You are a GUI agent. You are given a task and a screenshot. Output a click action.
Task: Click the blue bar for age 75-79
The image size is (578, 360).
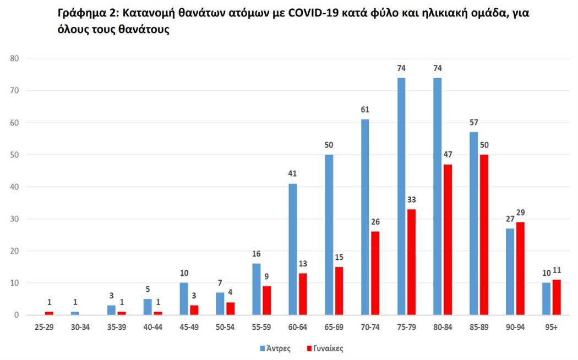click(x=401, y=197)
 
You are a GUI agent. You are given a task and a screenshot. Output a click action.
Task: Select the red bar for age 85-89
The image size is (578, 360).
click(x=484, y=235)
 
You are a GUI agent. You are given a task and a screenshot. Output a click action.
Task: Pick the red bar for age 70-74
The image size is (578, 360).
click(x=375, y=274)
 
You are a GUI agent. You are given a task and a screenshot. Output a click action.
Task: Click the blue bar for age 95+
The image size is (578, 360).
click(x=546, y=299)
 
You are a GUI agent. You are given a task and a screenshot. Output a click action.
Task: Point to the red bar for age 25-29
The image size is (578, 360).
click(x=50, y=313)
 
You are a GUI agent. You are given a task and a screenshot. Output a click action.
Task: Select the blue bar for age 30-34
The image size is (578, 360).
click(x=75, y=313)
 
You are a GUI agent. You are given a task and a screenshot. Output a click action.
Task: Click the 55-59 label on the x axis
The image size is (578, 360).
click(x=261, y=328)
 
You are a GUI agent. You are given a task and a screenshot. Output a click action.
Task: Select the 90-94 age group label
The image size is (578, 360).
click(x=515, y=328)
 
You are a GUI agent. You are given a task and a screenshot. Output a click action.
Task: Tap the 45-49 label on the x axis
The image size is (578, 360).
click(x=189, y=328)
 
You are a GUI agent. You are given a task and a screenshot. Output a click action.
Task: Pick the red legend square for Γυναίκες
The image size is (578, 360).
click(x=309, y=348)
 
